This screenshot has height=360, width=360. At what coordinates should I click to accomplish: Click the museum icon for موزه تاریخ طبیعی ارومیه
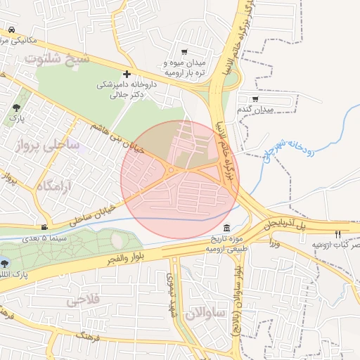click(226, 229)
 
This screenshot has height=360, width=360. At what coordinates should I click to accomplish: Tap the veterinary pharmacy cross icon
click(127, 74)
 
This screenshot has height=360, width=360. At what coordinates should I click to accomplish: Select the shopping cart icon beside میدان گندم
click(254, 99)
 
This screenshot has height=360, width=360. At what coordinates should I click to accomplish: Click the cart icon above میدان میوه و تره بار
click(184, 52)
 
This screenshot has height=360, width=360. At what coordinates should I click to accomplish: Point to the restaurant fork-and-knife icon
click(337, 234)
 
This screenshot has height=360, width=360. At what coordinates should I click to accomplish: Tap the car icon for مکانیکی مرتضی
click(13, 30)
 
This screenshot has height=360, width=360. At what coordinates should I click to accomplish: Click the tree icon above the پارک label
click(16, 108)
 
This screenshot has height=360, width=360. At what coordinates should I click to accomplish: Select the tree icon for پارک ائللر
click(6, 263)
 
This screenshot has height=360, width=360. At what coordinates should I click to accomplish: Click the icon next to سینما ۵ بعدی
click(45, 227)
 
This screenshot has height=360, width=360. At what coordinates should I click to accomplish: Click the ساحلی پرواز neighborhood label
click(47, 146)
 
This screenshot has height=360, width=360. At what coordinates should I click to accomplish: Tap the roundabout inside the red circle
click(171, 169)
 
